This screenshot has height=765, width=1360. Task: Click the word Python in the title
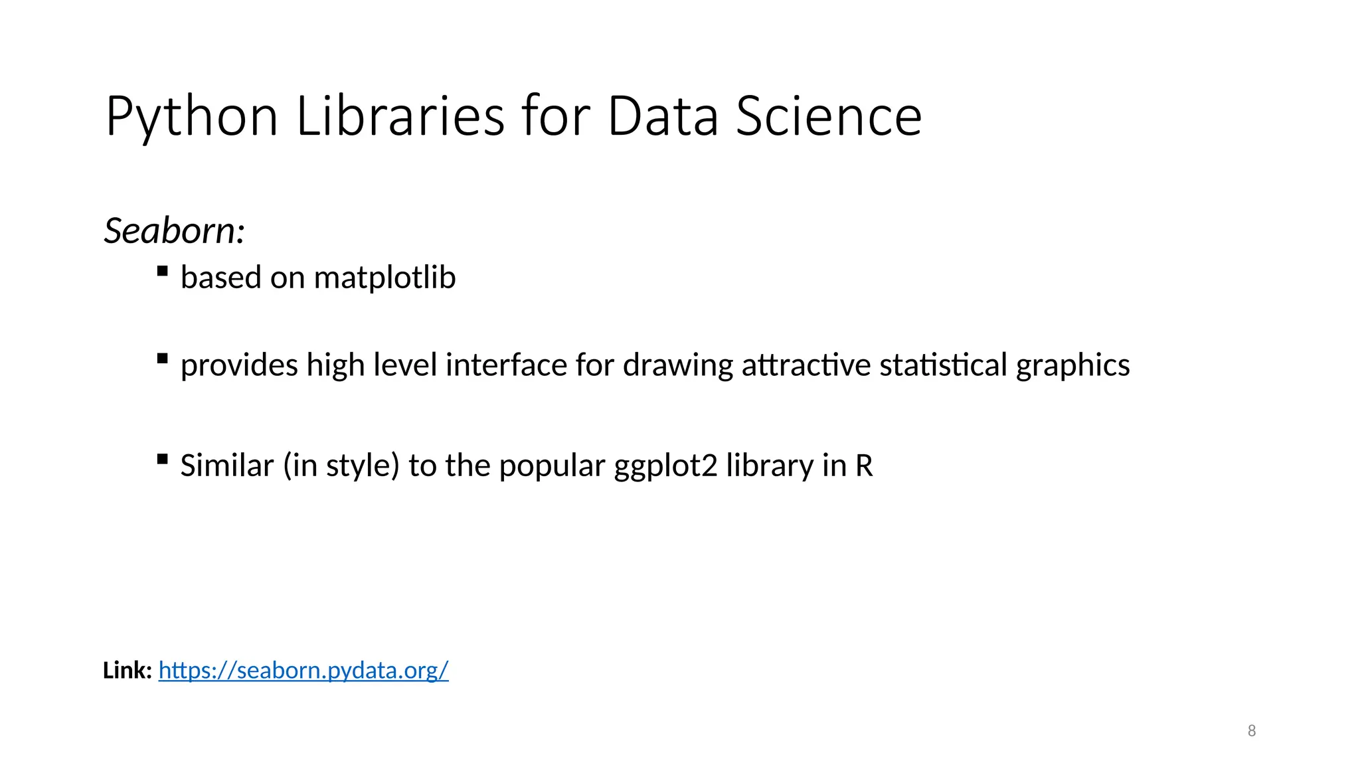[191, 117]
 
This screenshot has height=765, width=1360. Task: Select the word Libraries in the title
[400, 117]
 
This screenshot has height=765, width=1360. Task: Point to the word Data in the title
[663, 117]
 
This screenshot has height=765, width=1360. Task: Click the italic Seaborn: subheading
[175, 231]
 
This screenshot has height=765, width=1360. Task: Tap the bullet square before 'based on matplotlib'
[162, 271]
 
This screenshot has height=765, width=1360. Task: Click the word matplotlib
[384, 278]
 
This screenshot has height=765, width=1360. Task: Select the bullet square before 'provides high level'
[162, 359]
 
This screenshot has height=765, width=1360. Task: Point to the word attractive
[806, 365]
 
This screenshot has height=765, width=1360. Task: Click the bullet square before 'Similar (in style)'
[162, 459]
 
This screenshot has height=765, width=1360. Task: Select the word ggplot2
[665, 466]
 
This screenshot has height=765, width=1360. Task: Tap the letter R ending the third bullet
[863, 466]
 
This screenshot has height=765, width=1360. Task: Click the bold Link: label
[127, 671]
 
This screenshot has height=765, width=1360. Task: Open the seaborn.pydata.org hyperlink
[303, 671]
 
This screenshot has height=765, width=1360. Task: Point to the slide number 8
[1252, 731]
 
